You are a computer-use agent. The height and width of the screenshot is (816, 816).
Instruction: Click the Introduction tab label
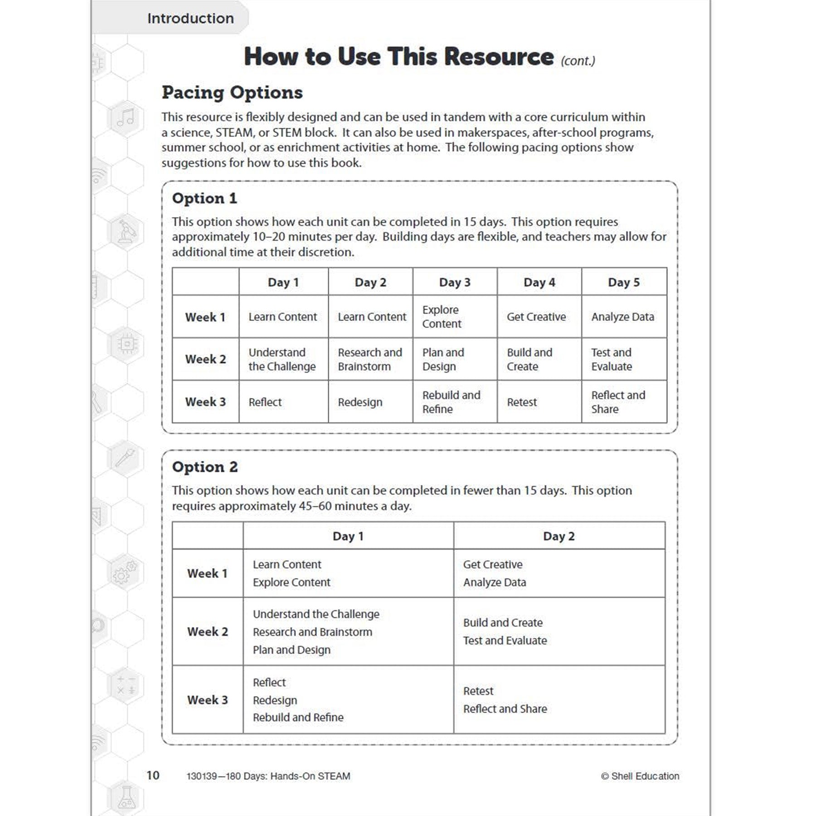[x=190, y=19]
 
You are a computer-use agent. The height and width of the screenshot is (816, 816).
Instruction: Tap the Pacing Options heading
[x=232, y=92]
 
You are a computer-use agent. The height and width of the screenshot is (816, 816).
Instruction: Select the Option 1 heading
[x=204, y=198]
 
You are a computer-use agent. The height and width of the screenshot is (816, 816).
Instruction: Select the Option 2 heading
[x=205, y=467]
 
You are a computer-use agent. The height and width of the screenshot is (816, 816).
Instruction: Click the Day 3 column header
[x=455, y=282]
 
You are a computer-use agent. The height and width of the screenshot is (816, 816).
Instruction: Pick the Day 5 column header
[x=623, y=282]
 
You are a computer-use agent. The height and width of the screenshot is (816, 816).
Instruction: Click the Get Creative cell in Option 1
[x=536, y=317]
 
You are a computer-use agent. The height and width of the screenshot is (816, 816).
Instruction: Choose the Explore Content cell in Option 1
[x=442, y=317]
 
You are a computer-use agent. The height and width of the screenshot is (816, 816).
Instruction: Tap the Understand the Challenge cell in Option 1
[x=282, y=359]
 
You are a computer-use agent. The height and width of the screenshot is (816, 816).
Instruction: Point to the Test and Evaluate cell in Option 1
[x=612, y=359]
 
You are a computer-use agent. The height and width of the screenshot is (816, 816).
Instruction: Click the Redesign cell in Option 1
[x=360, y=402]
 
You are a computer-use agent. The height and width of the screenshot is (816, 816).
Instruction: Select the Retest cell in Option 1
[x=522, y=402]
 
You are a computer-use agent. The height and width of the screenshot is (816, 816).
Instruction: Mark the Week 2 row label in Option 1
[x=205, y=359]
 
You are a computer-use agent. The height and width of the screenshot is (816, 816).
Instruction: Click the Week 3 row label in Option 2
[x=208, y=700]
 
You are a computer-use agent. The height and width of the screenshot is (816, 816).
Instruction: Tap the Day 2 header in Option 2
[x=559, y=536]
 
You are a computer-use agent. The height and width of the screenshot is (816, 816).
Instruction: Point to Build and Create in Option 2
[x=503, y=623]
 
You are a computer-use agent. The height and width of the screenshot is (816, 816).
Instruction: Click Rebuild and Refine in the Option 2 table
[x=298, y=718]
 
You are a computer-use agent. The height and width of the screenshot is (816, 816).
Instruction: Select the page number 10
[x=153, y=775]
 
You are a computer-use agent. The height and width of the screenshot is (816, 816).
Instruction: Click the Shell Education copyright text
[x=640, y=776]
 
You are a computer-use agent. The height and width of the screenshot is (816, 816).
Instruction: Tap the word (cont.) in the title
[x=578, y=61]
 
